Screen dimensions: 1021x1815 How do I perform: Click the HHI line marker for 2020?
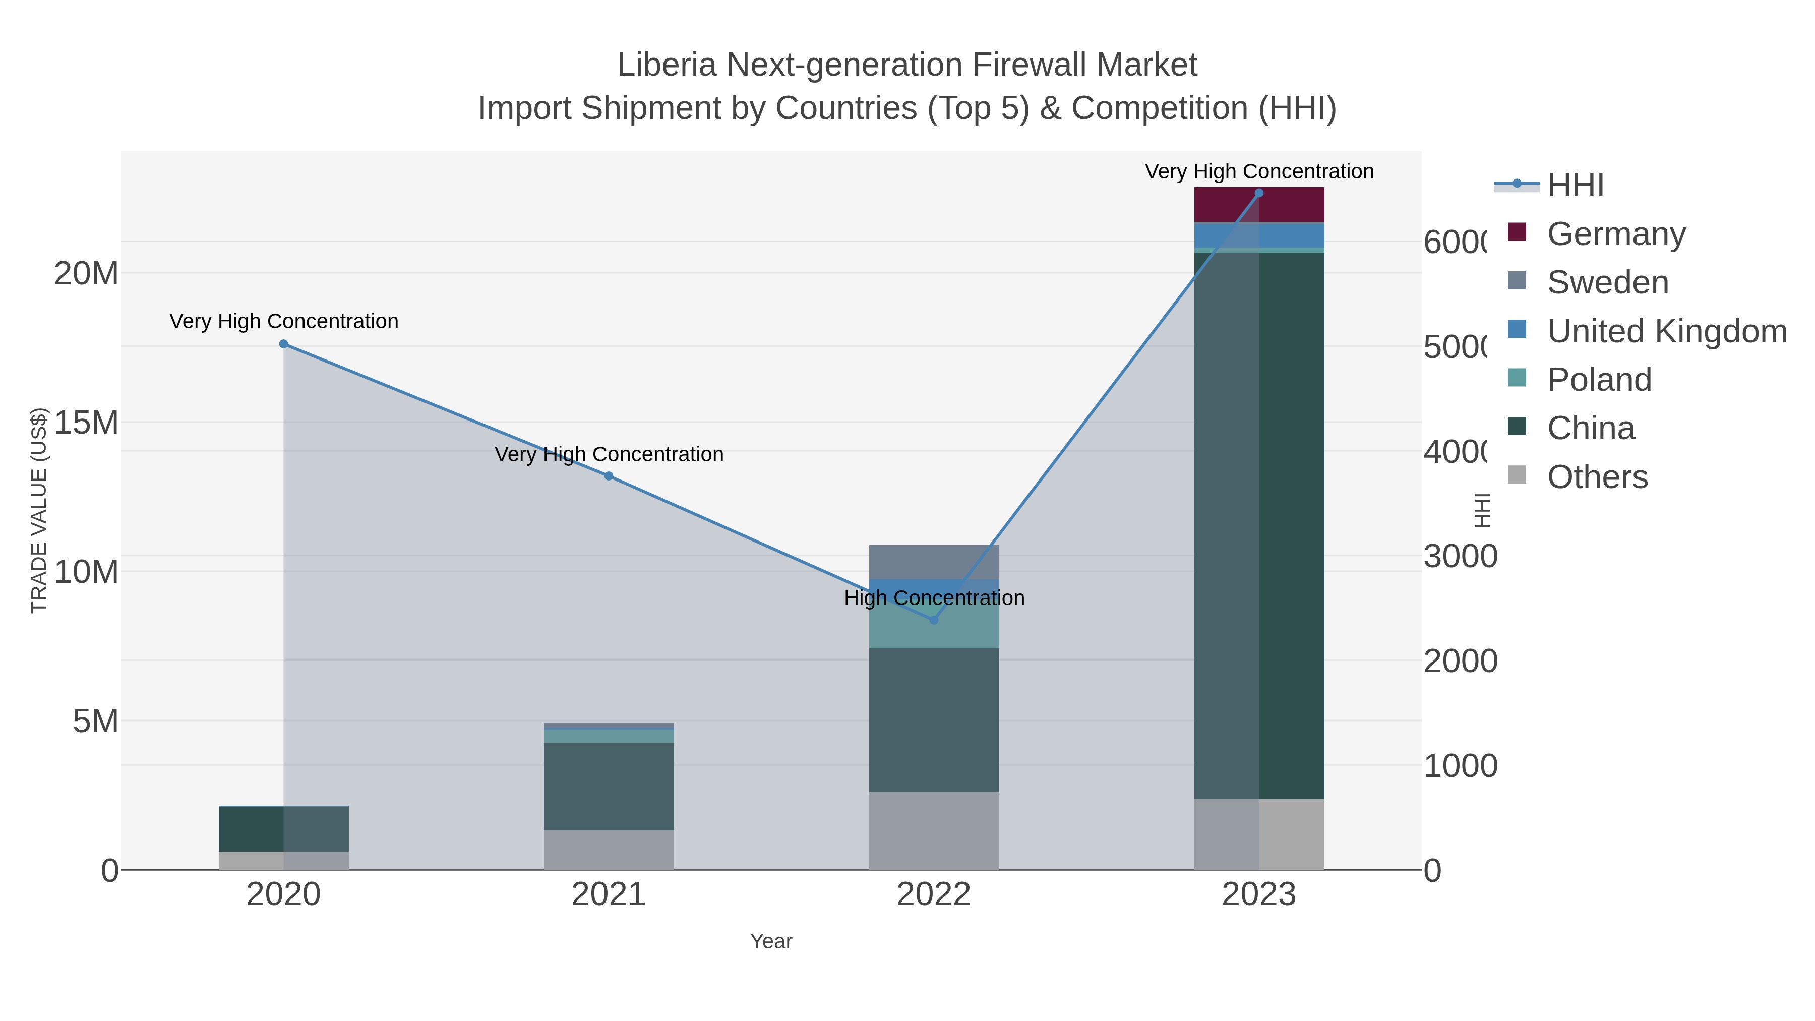tap(283, 344)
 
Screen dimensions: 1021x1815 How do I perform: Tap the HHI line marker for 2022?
tap(934, 620)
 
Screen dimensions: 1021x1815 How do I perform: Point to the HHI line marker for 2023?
tap(1259, 193)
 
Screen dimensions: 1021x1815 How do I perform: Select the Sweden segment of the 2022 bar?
tap(934, 562)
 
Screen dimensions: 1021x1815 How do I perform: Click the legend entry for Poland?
tap(1599, 380)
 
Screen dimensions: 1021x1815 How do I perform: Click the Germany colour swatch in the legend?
tap(1517, 232)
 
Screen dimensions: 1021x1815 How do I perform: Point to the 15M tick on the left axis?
tap(86, 423)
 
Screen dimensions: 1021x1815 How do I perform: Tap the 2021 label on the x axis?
tap(609, 895)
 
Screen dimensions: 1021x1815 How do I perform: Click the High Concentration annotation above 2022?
tap(934, 598)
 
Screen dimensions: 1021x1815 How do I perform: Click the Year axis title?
tap(771, 941)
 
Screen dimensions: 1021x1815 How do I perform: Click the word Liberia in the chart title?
tap(667, 65)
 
